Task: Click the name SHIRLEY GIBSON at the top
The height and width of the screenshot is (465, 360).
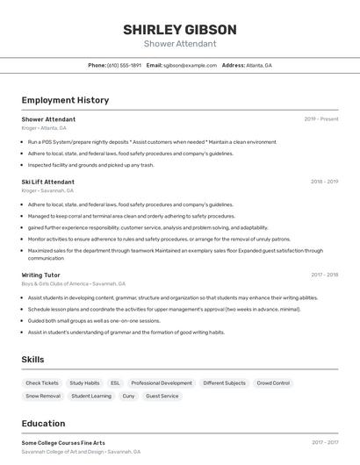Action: [x=180, y=30]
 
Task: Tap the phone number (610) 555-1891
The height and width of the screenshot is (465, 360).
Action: [x=124, y=65]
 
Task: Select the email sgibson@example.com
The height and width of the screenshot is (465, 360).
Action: [x=190, y=65]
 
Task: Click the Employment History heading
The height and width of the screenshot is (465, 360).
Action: [x=65, y=100]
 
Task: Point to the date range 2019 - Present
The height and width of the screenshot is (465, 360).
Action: [x=321, y=119]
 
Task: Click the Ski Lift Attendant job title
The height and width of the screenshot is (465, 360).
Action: [x=48, y=182]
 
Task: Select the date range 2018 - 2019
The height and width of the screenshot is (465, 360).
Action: [x=324, y=182]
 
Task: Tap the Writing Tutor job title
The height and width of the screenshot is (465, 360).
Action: [x=40, y=275]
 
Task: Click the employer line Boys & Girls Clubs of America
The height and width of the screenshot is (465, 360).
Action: [x=74, y=283]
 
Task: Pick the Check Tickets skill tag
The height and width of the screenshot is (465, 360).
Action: [x=42, y=383]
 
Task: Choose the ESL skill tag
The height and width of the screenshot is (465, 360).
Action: [x=115, y=383]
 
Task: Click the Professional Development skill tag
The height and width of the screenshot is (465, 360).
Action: [x=162, y=383]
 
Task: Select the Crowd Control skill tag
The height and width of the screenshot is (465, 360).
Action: [x=273, y=383]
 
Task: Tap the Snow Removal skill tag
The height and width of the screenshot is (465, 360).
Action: [x=43, y=397]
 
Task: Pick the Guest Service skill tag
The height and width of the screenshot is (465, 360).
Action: [x=162, y=397]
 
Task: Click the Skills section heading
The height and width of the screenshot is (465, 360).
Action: [x=32, y=360]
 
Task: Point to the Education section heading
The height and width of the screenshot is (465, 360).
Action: [x=43, y=424]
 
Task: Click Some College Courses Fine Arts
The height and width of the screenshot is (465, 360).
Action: [x=63, y=443]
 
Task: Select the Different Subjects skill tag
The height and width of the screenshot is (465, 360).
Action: [x=224, y=383]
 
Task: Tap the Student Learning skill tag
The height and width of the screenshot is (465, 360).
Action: [x=91, y=397]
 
